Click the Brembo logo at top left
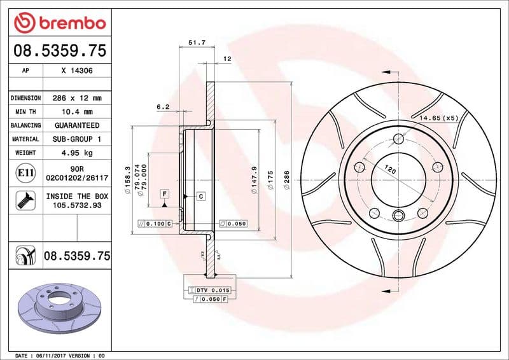59,23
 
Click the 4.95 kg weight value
77,153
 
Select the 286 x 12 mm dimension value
77,98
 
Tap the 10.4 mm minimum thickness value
77,112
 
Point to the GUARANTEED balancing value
77,125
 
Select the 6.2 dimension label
163,107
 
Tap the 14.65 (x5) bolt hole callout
438,118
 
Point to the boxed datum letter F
164,193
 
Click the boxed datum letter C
200,196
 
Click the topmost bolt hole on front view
399,139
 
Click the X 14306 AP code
77,71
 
